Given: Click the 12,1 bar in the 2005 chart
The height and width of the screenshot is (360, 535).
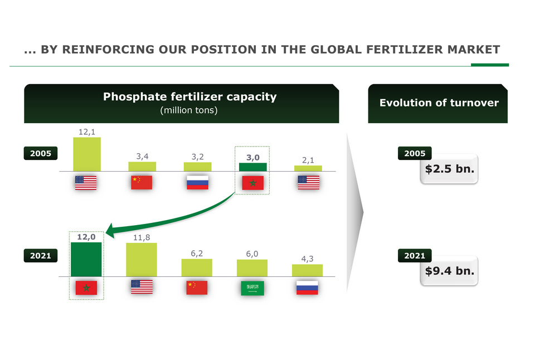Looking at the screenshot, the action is click(87, 154).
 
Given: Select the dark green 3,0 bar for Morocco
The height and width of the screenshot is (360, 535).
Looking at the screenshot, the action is click(253, 167).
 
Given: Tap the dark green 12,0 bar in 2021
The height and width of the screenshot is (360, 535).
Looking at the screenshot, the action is click(86, 259).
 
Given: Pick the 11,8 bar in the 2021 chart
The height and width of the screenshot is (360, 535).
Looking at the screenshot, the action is click(142, 260).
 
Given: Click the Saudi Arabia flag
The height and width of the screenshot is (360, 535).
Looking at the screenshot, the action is click(252, 288).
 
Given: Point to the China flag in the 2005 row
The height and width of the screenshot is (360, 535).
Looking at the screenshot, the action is click(142, 183).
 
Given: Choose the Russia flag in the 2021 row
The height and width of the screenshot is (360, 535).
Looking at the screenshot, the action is click(307, 288).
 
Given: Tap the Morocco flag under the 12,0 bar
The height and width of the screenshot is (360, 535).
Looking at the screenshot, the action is click(86, 288).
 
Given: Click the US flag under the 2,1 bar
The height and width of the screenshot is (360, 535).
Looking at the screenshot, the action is click(308, 183).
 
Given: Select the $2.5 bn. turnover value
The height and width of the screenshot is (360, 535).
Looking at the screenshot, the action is click(450, 168).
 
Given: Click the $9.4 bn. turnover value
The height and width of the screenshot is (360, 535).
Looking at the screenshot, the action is click(450, 271).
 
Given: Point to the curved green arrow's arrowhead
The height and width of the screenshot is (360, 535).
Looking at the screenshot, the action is click(110, 231).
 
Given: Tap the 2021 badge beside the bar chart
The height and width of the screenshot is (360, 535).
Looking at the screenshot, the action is click(41, 256).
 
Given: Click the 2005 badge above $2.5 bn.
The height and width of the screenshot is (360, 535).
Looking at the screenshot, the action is click(415, 153).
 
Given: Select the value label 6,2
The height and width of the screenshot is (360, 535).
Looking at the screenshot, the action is click(197, 254).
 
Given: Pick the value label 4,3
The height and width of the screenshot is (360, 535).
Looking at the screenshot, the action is click(308, 259).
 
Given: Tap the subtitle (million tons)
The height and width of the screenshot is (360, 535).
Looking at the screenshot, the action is click(189, 110).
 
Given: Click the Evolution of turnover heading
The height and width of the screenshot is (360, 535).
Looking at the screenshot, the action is click(439, 103).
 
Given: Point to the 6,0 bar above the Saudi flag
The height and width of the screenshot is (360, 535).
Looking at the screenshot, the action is click(252, 268).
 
